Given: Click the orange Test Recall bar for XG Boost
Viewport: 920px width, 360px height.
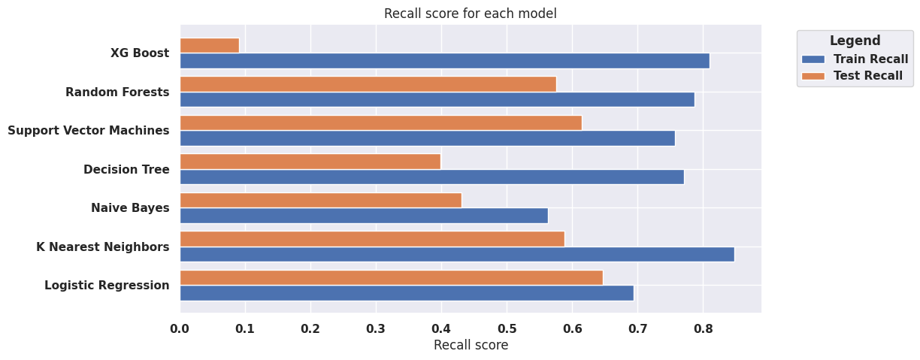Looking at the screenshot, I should click(x=210, y=45).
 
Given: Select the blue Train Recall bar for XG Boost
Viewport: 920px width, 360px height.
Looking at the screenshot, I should click(x=444, y=61).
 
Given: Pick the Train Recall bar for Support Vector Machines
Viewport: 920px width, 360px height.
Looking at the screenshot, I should click(x=427, y=138).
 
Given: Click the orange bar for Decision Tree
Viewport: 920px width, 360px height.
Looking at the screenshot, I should click(x=310, y=162).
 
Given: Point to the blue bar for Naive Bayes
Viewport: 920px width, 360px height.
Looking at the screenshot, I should click(x=364, y=216).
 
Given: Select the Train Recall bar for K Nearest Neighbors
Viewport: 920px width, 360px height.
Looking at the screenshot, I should click(x=457, y=254).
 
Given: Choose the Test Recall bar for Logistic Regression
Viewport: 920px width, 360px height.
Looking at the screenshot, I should click(x=391, y=278).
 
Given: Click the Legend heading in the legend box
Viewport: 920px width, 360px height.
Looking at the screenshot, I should click(x=855, y=41).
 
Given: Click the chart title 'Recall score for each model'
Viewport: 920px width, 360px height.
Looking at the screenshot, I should click(x=470, y=14).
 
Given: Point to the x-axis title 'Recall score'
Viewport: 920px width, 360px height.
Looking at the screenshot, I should click(x=471, y=345).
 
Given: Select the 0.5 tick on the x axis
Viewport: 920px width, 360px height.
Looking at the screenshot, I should click(x=507, y=328).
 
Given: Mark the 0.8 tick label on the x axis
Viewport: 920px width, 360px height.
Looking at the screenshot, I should click(x=703, y=328).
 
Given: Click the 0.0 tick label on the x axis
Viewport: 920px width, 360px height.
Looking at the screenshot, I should click(x=180, y=328).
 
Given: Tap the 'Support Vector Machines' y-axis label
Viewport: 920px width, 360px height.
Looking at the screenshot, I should click(x=89, y=131).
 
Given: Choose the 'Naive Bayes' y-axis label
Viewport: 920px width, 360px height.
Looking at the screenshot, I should click(x=130, y=208).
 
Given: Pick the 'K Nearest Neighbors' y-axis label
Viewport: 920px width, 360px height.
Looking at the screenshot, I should click(x=103, y=247).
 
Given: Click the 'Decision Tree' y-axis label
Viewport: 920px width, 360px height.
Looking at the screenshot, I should click(x=126, y=169).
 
